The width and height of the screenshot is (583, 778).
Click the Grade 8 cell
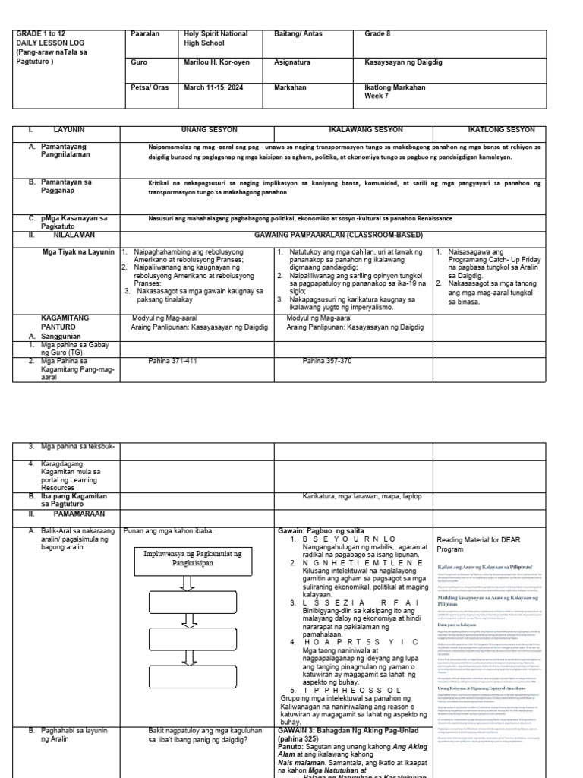point(380,33)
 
